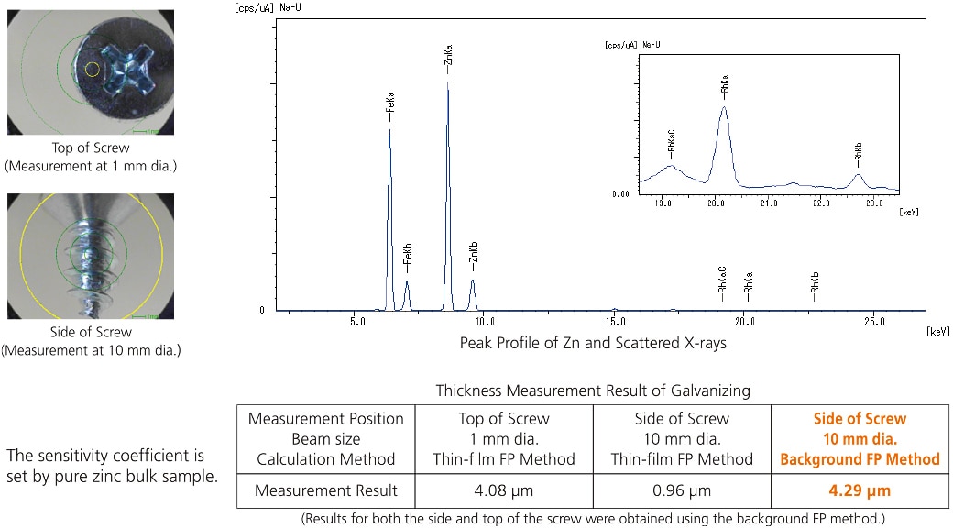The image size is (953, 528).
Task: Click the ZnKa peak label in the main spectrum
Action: pyautogui.click(x=448, y=64)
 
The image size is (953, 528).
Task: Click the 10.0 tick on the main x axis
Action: pyautogui.click(x=486, y=322)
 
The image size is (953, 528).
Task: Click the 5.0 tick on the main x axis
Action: pyautogui.click(x=356, y=322)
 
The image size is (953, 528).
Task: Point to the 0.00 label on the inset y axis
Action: pyautogui.click(x=619, y=194)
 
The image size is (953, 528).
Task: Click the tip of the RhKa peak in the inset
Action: pyautogui.click(x=724, y=107)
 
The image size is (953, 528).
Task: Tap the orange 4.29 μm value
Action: pyautogui.click(x=860, y=490)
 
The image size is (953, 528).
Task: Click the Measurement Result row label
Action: pyautogui.click(x=325, y=490)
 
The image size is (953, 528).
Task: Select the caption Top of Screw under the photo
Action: pyautogui.click(x=91, y=148)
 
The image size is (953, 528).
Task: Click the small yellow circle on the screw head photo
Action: pyautogui.click(x=91, y=69)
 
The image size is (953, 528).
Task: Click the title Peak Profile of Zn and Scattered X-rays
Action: pyautogui.click(x=593, y=344)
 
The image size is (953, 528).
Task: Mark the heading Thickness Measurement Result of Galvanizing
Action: pyautogui.click(x=593, y=390)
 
